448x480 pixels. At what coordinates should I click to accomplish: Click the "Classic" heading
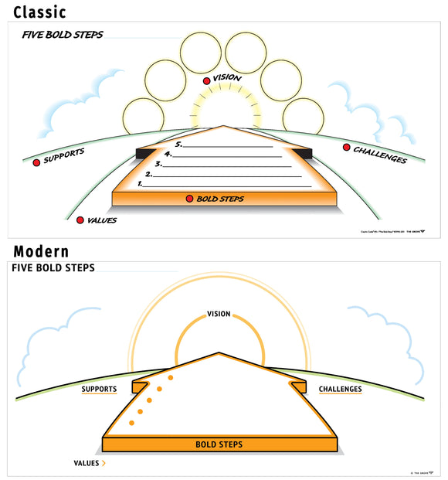coord(40,12)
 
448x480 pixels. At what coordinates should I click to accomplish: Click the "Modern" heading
coord(41,251)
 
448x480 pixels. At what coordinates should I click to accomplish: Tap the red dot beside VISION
coord(206,81)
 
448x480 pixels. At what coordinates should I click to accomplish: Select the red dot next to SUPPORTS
coord(36,162)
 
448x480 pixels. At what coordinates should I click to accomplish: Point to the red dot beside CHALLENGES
coord(345,147)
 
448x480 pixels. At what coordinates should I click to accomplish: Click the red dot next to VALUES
coord(80,220)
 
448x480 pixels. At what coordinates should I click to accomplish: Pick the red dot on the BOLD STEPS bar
coord(189,199)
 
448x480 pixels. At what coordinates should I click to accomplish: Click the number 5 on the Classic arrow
coord(178,145)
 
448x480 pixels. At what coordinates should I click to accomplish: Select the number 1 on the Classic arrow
coord(140,185)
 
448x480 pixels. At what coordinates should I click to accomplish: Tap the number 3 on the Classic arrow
coord(158,164)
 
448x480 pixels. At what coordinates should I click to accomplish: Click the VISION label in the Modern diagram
coord(219,314)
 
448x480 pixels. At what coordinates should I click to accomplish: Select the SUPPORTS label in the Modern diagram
coord(99,389)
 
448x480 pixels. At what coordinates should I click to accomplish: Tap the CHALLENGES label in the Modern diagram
coord(341,389)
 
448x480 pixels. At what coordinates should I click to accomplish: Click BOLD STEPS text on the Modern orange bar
coord(219,444)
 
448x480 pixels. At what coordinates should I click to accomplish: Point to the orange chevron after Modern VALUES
coord(104,463)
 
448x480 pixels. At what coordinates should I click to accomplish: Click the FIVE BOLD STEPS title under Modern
coord(53,267)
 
